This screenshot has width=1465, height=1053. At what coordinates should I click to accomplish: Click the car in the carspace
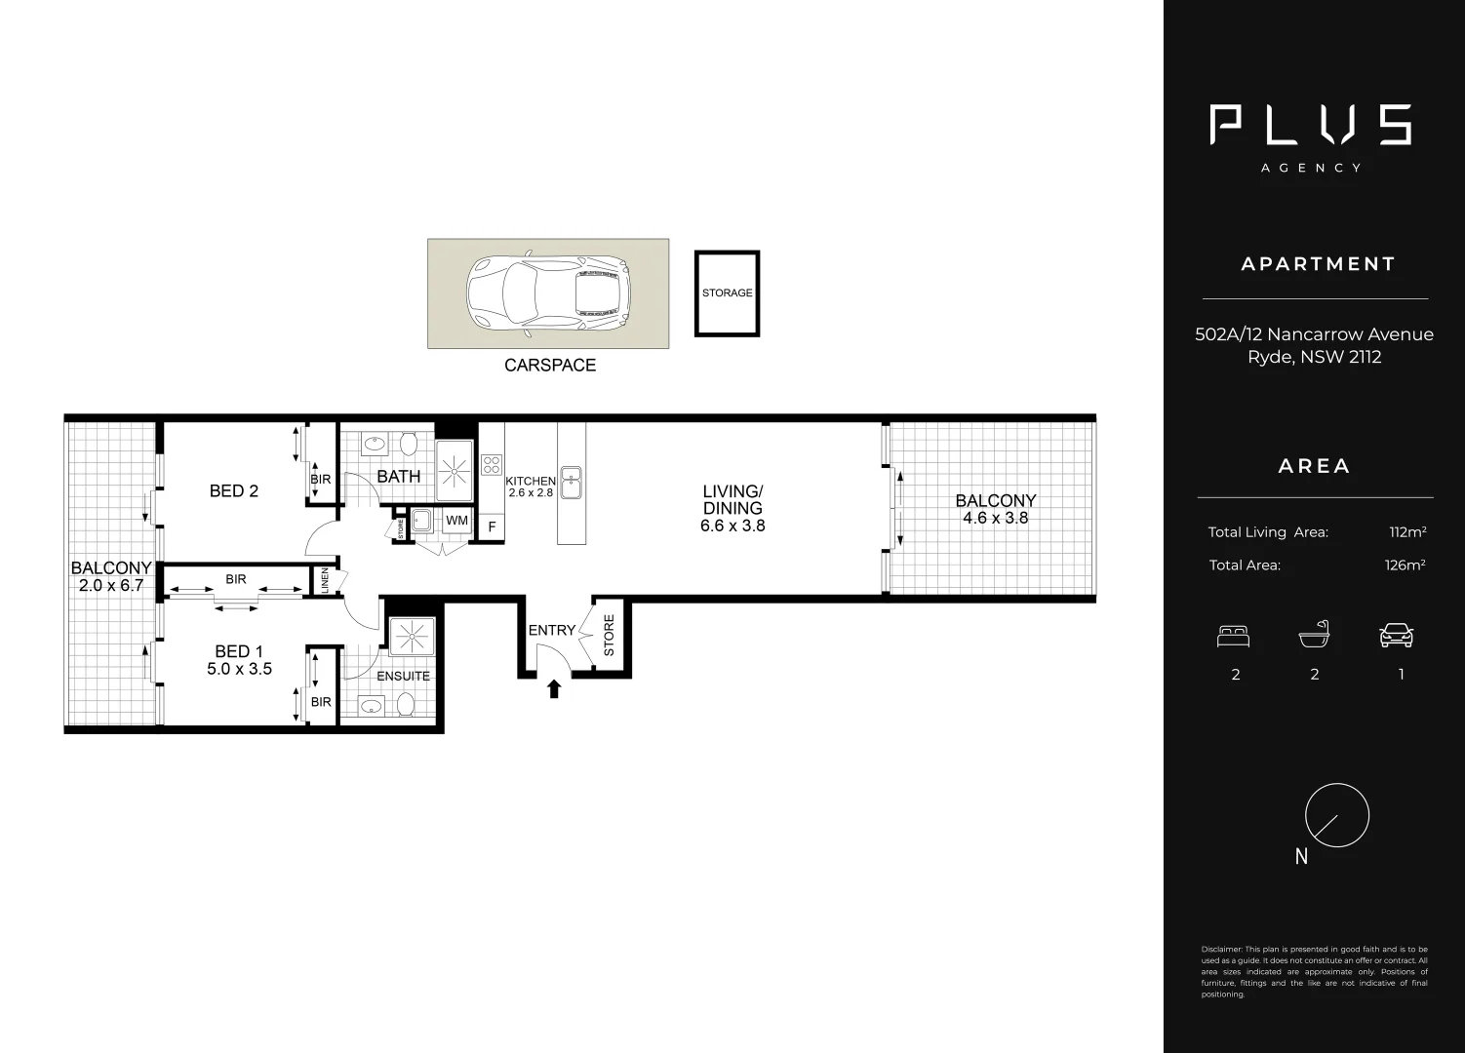click(547, 293)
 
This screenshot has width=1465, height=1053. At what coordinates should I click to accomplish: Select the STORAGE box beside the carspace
click(727, 293)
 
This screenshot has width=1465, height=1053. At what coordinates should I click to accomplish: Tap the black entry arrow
click(554, 689)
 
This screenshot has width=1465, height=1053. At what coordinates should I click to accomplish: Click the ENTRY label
click(551, 631)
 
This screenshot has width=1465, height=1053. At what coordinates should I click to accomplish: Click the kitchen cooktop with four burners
click(492, 465)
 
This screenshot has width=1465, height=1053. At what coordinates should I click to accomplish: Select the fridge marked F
click(492, 527)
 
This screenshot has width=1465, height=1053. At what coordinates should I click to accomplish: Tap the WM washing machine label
click(456, 521)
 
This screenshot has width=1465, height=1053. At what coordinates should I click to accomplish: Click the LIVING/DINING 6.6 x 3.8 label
click(732, 508)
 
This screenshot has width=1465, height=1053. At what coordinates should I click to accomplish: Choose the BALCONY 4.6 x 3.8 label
click(995, 509)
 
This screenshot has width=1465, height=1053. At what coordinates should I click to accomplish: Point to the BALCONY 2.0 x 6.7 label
click(111, 576)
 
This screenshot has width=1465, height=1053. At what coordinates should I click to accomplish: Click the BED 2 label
click(234, 490)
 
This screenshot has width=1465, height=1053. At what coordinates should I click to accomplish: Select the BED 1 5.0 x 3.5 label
click(239, 660)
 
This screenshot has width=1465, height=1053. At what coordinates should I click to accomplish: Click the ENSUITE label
click(403, 676)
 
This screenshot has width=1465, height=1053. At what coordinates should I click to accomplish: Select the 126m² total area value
click(1405, 565)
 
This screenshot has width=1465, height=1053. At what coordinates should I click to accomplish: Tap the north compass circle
click(1337, 815)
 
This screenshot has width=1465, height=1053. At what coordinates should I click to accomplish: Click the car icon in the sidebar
click(1397, 637)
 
